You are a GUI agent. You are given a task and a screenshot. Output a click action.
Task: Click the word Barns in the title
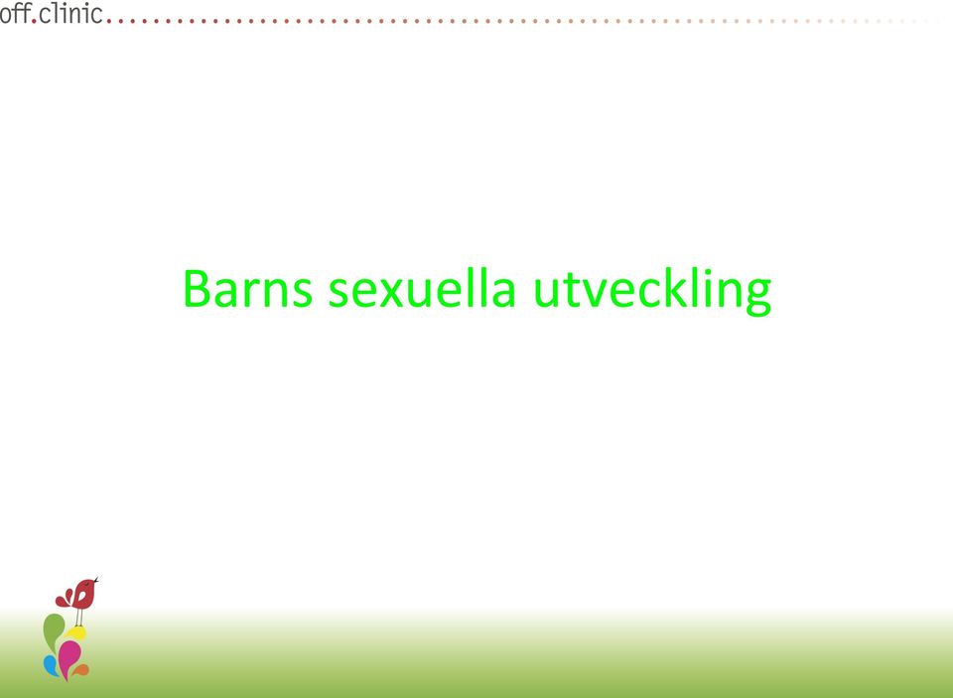click(248, 288)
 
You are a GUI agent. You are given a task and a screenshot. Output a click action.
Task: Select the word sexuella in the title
click(422, 288)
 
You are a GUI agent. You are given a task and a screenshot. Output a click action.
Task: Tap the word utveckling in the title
click(652, 292)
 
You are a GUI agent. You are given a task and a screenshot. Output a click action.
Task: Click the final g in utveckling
click(757, 298)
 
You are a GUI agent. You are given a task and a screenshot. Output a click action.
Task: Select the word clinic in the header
click(69, 13)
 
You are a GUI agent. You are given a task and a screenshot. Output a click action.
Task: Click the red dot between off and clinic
click(34, 21)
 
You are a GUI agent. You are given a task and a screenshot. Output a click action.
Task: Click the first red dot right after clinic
click(109, 21)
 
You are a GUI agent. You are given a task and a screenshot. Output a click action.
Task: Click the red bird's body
click(83, 594)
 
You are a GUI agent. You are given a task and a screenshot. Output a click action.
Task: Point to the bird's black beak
click(96, 580)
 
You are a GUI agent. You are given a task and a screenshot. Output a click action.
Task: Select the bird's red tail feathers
click(64, 599)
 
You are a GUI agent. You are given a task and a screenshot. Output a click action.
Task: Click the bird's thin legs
click(79, 618)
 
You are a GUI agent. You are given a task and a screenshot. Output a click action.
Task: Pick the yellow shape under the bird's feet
click(76, 632)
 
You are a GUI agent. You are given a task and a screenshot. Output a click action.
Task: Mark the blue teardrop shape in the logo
click(51, 666)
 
